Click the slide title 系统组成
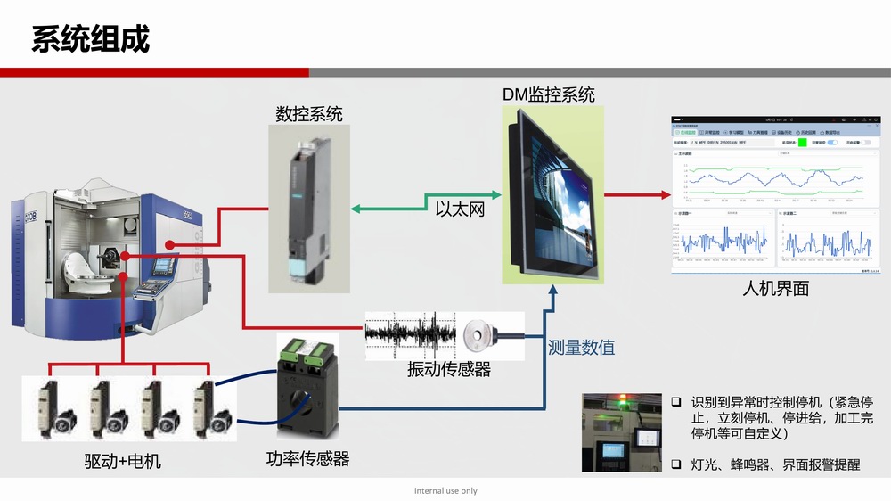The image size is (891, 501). (x=91, y=39)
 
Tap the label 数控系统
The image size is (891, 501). (x=309, y=114)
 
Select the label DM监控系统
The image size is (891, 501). (x=549, y=94)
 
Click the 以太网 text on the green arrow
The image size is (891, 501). (x=460, y=209)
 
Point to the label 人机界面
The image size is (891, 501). (x=775, y=288)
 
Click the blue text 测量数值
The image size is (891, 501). (x=581, y=348)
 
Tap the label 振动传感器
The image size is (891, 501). (x=449, y=369)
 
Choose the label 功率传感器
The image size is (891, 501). (x=307, y=459)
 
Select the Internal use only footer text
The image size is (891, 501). (x=445, y=491)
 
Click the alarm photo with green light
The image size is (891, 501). (x=621, y=431)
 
